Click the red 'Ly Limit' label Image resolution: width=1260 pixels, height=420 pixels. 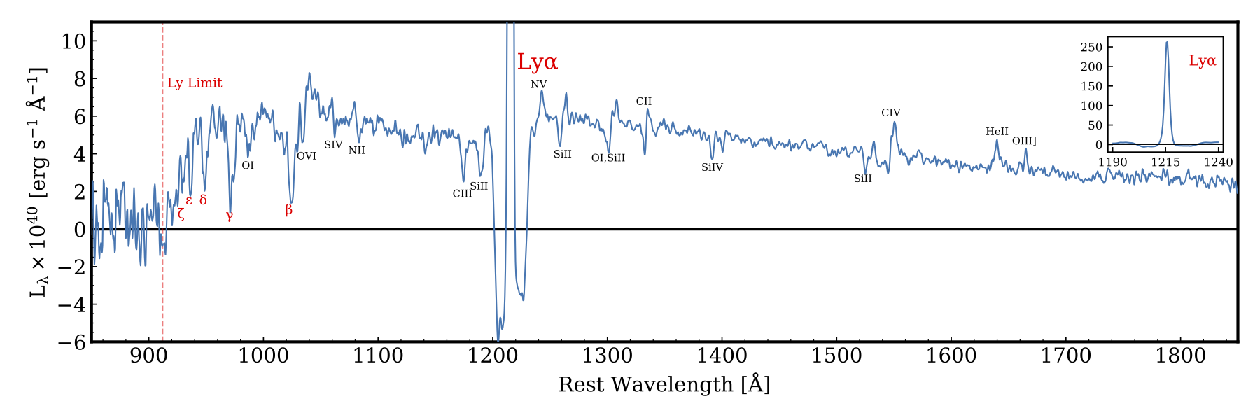(x=195, y=83)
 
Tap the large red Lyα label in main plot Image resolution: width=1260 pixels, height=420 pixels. (x=538, y=62)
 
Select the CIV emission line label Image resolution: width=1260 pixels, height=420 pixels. (x=890, y=113)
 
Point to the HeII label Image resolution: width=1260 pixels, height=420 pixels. (x=997, y=132)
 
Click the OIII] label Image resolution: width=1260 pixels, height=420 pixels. (x=1024, y=141)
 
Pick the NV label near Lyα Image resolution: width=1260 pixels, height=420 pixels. (x=538, y=85)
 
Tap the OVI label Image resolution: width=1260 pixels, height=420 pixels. (x=307, y=156)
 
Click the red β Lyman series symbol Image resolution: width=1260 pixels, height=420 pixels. (x=288, y=209)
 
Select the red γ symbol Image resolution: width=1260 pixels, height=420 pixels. (x=230, y=216)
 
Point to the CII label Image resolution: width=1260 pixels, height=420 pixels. (x=643, y=101)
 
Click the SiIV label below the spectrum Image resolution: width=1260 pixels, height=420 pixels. (x=712, y=167)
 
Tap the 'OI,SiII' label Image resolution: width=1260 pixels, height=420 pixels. (x=608, y=158)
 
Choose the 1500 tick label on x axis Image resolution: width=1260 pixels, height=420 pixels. (x=836, y=356)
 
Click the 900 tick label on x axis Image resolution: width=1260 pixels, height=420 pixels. (x=148, y=356)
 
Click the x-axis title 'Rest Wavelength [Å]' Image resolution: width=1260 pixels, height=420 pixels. (x=664, y=385)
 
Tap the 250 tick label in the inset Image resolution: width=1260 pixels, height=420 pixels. (x=1091, y=48)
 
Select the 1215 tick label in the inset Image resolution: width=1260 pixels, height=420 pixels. (x=1165, y=162)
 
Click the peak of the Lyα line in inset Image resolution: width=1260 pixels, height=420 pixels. (x=1166, y=43)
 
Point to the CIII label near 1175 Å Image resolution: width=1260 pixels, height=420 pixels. (x=462, y=194)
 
